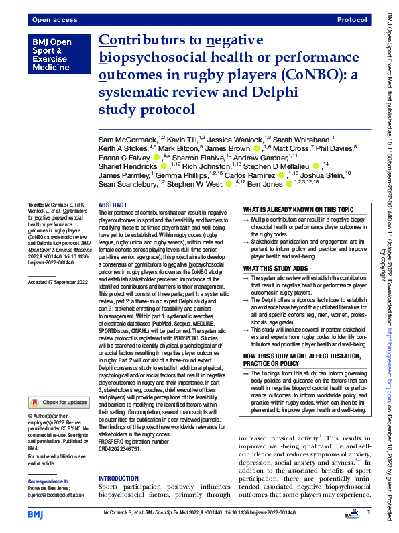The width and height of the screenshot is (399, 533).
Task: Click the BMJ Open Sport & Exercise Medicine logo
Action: click(52, 56)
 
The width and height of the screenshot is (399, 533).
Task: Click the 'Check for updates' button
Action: click(58, 402)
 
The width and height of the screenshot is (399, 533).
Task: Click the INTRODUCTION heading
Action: click(118, 460)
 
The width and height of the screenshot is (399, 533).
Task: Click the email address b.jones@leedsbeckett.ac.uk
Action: click(56, 494)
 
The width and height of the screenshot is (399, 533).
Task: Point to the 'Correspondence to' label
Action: click(49, 481)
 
